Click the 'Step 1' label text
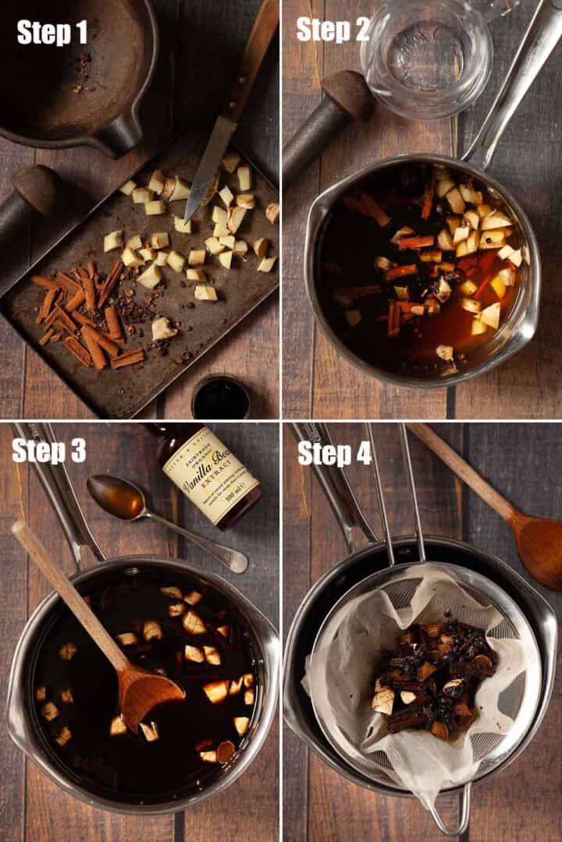(x=52, y=32)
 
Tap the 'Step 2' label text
(x=333, y=30)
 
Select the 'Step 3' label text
(x=48, y=451)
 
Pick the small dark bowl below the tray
(x=221, y=398)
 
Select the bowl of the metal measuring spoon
(x=115, y=496)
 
